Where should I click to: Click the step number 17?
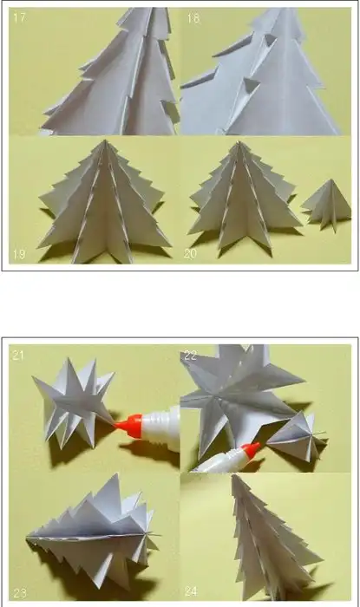click(x=19, y=17)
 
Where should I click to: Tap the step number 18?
click(x=193, y=18)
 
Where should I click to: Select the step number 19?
click(x=19, y=254)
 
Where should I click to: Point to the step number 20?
click(x=190, y=253)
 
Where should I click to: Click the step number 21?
click(x=18, y=355)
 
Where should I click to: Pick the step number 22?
click(x=191, y=355)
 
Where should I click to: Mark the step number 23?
click(x=20, y=592)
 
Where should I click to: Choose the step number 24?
click(x=191, y=591)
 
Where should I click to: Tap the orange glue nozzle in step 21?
click(x=128, y=427)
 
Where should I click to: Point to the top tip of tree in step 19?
click(x=104, y=140)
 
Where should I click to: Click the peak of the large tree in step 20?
click(x=239, y=141)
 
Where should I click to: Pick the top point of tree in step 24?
click(x=233, y=475)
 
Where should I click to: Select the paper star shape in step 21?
click(x=74, y=402)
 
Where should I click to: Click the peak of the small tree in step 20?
click(x=331, y=179)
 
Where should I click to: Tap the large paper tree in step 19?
click(x=104, y=201)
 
